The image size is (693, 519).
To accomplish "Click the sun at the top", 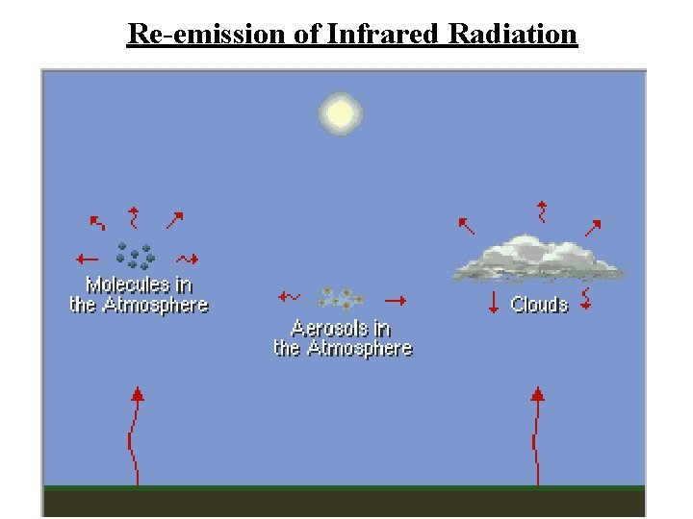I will pos(340,113).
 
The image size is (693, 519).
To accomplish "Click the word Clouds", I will pos(539,305).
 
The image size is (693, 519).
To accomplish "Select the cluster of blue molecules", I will pos(135,256).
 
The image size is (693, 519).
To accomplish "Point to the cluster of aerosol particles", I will pos(339,298).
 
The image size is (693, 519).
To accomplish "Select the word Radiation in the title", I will pos(512,35).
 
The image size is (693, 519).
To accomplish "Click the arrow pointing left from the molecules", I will pos(87,259).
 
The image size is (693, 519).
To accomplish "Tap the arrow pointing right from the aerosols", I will pos(395,300).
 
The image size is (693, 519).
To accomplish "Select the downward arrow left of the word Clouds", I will pos(494,302).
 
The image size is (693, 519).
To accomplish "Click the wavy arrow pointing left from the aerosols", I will pos(289,297).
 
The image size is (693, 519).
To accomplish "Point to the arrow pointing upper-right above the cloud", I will pos(593,228).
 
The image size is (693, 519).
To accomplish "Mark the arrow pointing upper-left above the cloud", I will pos(466,226).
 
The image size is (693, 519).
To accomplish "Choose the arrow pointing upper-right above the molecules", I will pos(174,220).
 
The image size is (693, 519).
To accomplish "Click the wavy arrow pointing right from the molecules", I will pos(188,259).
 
